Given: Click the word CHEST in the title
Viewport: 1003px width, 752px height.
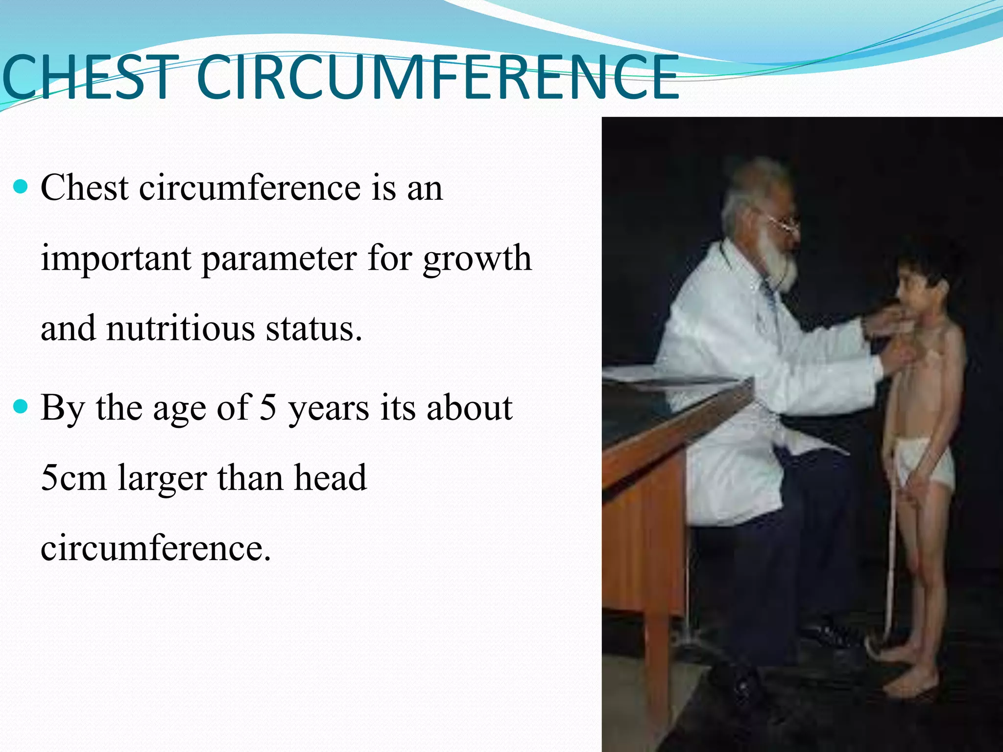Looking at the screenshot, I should point(88,77).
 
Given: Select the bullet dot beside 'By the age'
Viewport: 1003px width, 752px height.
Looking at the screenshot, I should point(22,406).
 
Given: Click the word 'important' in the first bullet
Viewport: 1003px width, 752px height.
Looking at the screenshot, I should point(116,259).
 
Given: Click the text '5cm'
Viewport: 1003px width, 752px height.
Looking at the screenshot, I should point(73,478).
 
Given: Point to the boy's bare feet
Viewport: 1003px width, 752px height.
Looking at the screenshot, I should point(906,685).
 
